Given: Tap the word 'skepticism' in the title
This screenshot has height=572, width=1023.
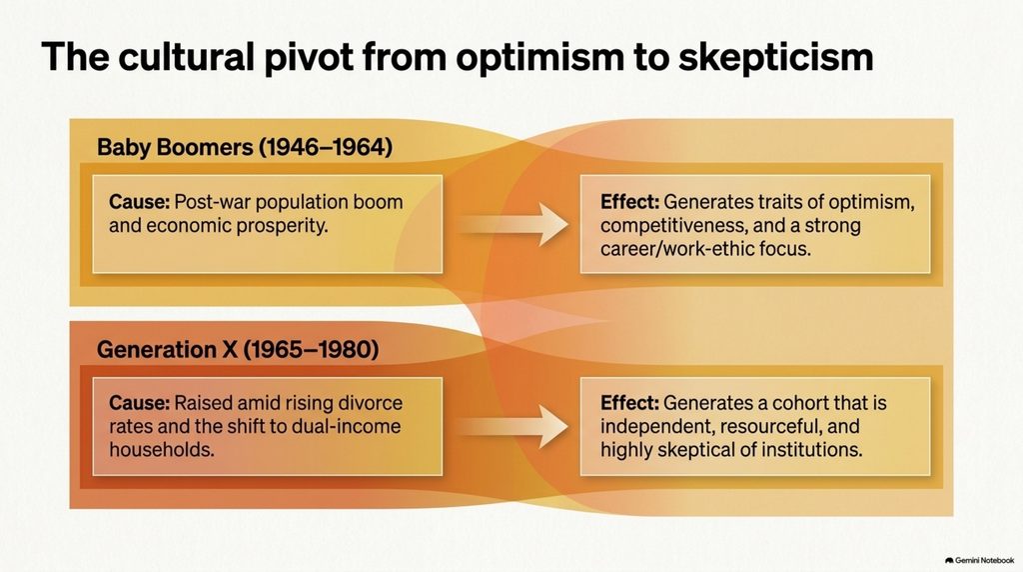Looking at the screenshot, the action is (x=775, y=57).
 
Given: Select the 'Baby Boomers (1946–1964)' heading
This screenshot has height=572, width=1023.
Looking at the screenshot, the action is (x=245, y=148).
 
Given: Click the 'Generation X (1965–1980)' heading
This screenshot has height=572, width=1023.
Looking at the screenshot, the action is (x=238, y=350).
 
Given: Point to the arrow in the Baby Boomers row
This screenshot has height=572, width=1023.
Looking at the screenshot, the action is (x=512, y=224).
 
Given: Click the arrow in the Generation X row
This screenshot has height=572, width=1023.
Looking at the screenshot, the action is (x=512, y=426).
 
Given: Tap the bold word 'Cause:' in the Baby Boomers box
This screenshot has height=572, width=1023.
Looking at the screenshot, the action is (x=139, y=202).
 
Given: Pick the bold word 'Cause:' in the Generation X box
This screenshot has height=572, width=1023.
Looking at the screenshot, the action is (x=139, y=403).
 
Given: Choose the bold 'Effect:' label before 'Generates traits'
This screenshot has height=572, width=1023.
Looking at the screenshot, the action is (x=629, y=202).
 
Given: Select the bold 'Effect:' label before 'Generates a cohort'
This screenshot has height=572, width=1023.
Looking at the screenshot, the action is (x=629, y=403).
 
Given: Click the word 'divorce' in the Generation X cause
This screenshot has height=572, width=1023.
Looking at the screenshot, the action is (x=371, y=403).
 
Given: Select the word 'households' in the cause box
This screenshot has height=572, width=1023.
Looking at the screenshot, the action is (x=161, y=450).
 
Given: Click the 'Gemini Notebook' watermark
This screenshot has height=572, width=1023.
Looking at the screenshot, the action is (x=979, y=560).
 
